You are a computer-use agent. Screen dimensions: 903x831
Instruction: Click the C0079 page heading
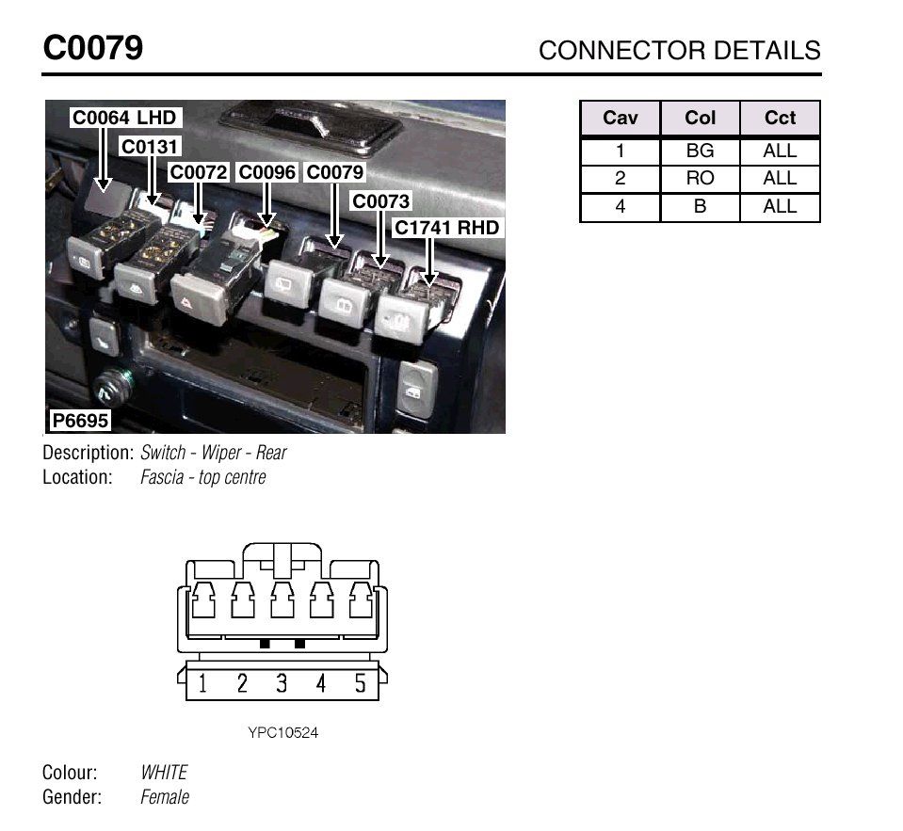(92, 47)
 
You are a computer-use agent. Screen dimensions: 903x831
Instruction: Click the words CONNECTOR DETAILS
(680, 51)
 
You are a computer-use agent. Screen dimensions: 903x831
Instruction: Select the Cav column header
(621, 118)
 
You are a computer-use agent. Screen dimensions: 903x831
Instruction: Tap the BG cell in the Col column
(700, 151)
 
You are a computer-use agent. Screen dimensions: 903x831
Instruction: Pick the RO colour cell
(700, 179)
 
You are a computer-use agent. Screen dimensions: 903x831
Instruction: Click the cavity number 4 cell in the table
(621, 206)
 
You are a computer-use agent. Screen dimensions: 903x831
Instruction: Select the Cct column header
(780, 118)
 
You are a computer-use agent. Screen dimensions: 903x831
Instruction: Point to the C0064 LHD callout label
(124, 118)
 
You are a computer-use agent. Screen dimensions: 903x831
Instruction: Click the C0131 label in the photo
(150, 146)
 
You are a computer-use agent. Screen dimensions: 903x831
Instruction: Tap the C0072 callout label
(199, 172)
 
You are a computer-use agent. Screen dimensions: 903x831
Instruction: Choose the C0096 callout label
(266, 172)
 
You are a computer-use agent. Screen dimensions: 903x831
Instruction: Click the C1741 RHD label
(446, 228)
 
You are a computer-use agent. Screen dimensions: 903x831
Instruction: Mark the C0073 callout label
(380, 201)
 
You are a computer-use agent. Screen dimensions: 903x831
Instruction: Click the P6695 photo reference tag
(80, 420)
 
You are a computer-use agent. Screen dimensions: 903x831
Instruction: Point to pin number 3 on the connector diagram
(281, 683)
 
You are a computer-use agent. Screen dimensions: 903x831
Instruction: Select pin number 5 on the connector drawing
(360, 683)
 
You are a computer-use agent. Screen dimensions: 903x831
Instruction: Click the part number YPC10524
(282, 732)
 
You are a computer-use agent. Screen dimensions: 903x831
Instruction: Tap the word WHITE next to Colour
(164, 773)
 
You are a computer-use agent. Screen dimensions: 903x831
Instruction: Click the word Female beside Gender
(165, 797)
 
